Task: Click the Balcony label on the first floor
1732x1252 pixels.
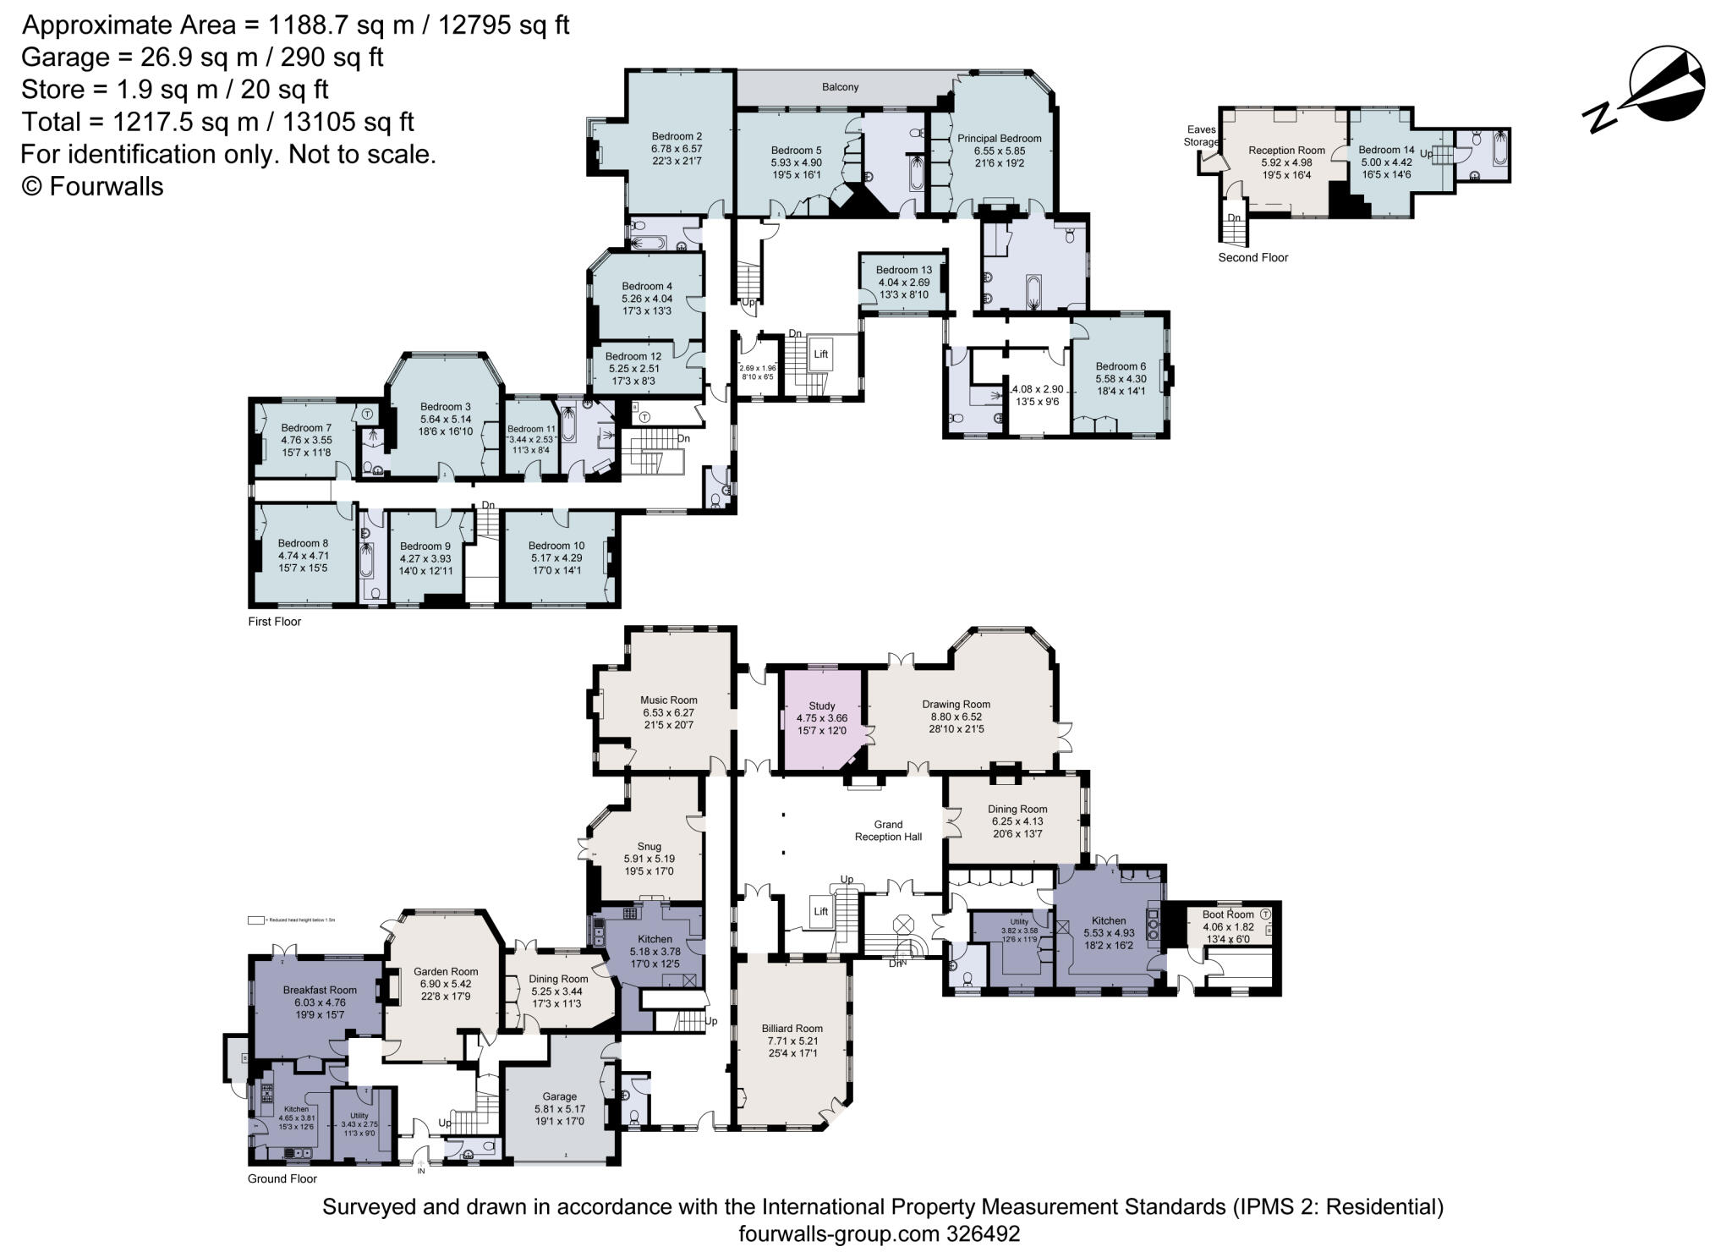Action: pos(840,87)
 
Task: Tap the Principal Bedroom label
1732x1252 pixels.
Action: pos(999,139)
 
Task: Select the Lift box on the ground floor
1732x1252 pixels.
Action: pos(820,911)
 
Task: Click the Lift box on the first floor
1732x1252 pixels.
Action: pos(820,354)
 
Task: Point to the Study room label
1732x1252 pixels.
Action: pos(821,706)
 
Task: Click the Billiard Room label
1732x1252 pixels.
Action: pos(792,1029)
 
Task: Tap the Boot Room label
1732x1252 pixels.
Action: pos(1227,914)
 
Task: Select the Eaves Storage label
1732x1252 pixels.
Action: pos(1201,135)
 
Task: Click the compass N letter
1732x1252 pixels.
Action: pos(1601,118)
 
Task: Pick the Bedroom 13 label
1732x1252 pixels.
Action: pos(903,270)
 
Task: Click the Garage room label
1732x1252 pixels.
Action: pos(559,1096)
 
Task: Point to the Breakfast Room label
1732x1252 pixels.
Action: pos(320,990)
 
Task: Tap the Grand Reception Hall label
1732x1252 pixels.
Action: pos(888,830)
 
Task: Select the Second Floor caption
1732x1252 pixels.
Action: pos(1252,257)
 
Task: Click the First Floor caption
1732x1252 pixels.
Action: pos(274,621)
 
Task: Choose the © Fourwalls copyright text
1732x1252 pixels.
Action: pos(92,186)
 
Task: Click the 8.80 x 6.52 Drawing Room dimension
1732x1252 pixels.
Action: pos(956,717)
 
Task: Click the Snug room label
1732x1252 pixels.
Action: pos(649,846)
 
